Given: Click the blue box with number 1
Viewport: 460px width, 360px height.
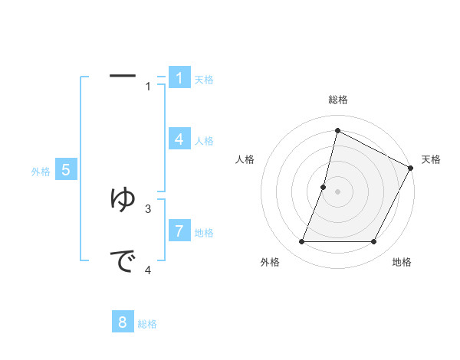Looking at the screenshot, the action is click(179, 77).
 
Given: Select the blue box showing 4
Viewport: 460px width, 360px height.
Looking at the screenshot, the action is click(179, 139).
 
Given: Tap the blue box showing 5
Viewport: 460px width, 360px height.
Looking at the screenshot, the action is click(66, 170).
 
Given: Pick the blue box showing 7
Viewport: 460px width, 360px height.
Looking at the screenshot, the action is click(179, 231).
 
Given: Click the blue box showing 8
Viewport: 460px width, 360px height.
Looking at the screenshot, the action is click(123, 322).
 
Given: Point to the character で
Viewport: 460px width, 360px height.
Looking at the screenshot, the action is click(123, 262).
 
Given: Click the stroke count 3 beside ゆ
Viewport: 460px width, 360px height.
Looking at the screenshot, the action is click(148, 208).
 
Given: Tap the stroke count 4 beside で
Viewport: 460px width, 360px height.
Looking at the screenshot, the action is click(148, 270).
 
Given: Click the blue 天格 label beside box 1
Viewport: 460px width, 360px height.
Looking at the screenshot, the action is click(204, 79).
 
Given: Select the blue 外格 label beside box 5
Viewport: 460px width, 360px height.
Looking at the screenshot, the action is click(41, 172).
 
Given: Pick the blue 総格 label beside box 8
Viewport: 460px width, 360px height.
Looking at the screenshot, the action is click(147, 324).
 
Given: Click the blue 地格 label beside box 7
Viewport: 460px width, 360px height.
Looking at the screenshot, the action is click(204, 232).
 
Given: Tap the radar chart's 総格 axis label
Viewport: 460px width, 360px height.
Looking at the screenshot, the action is click(338, 100).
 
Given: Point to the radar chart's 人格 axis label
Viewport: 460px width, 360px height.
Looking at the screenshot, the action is click(245, 159).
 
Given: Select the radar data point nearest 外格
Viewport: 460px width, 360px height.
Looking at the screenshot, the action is click(301, 242).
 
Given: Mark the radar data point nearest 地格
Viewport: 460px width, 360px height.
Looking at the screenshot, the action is click(374, 242).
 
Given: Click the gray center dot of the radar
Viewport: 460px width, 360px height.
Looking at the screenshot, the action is click(337, 191).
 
